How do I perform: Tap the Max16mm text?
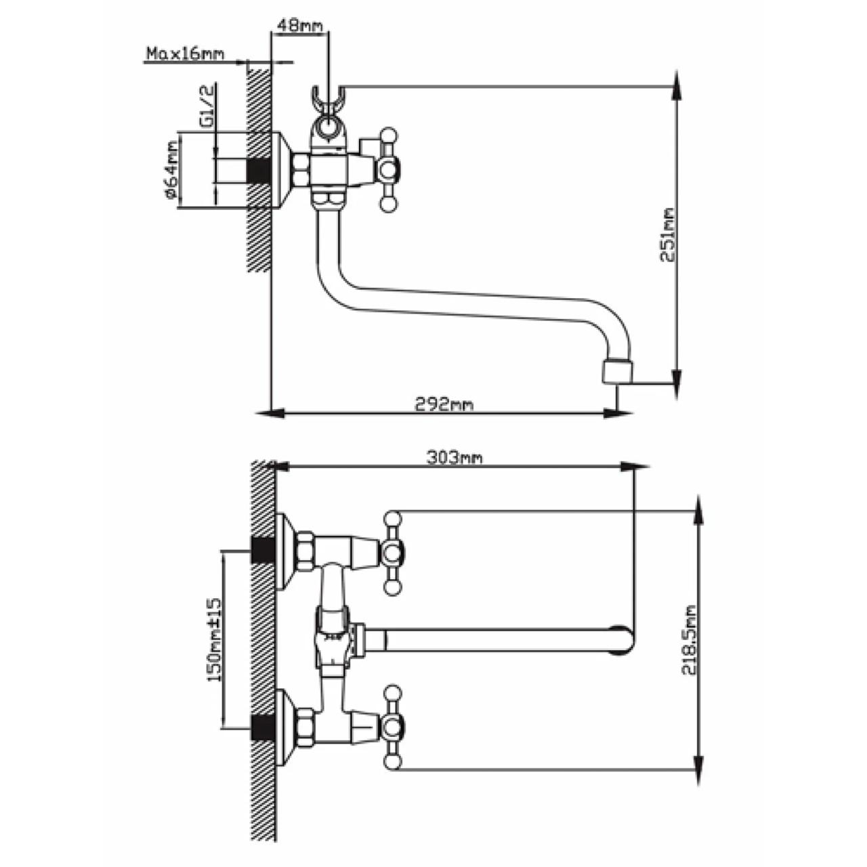pos(184,54)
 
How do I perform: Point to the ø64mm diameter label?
pos(170,170)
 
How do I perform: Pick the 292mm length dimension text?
pos(444,404)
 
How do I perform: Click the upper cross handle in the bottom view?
pos(392,553)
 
